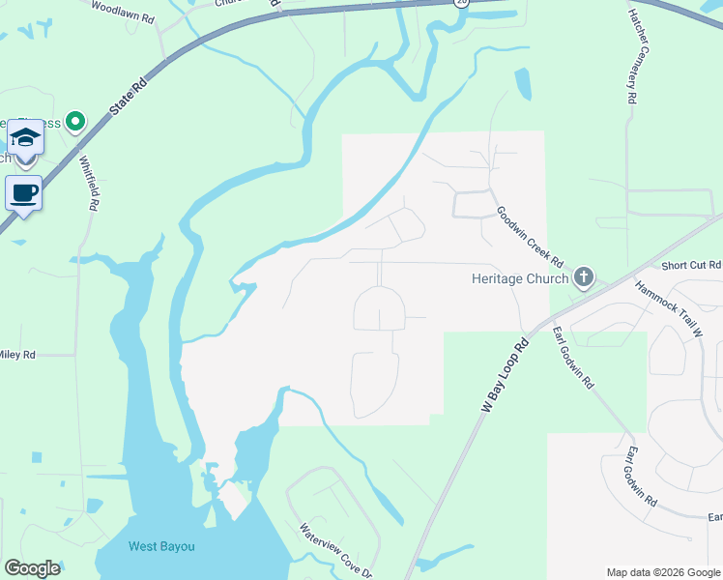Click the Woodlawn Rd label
[x=123, y=13]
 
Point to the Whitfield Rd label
[x=89, y=185]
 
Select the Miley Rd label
[x=17, y=355]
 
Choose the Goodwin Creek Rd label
[x=530, y=236]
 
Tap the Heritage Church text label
[x=519, y=278]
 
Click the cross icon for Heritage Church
[x=583, y=278]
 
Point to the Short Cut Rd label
[x=691, y=265]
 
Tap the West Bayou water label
[x=161, y=546]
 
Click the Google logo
[x=32, y=568]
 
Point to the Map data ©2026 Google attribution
[x=662, y=572]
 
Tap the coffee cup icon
[x=24, y=192]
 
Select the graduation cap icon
[x=26, y=137]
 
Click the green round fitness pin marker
[x=74, y=122]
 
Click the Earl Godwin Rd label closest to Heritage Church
[x=572, y=357]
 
